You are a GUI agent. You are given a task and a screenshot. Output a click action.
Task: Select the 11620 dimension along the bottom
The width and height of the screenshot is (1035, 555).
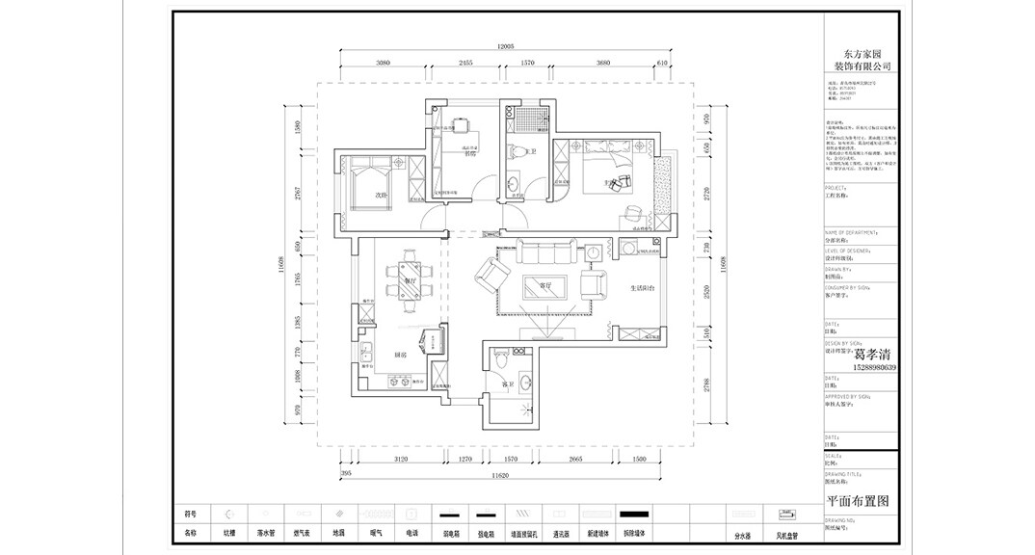click(498, 476)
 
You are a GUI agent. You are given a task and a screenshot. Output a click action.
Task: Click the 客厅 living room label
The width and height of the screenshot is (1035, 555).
click(544, 285)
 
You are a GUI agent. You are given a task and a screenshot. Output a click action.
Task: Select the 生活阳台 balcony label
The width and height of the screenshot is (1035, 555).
click(643, 287)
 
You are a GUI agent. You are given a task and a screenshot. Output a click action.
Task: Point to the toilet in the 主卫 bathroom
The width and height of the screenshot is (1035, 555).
click(517, 151)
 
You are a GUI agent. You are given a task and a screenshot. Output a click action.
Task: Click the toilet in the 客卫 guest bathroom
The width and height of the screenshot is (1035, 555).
click(498, 358)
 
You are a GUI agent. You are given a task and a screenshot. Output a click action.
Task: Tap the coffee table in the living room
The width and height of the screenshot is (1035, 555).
click(544, 286)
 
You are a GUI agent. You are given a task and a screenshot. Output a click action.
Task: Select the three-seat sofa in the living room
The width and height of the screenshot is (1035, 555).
click(544, 253)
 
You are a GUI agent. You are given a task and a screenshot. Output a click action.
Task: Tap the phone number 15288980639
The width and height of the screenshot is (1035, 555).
click(861, 367)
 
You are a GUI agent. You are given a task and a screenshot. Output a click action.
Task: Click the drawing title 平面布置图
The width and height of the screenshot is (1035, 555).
click(860, 501)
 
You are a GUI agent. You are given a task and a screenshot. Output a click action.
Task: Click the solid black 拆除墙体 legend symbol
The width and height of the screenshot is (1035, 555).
click(632, 514)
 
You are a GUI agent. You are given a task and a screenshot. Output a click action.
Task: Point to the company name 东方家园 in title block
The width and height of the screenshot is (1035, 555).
click(861, 55)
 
